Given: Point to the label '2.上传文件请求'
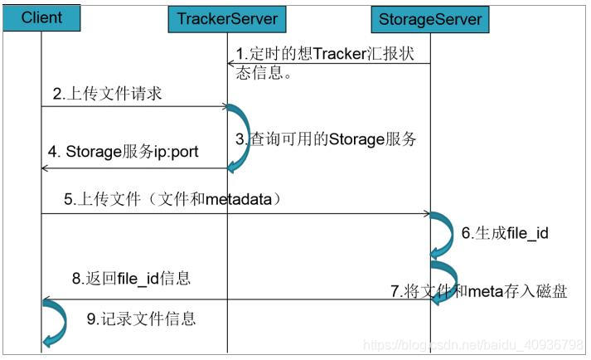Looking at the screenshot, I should (107, 95).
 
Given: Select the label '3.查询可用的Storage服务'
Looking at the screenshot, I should (326, 139).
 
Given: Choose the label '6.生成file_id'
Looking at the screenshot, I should (505, 233).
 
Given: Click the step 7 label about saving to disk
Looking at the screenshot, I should (479, 291).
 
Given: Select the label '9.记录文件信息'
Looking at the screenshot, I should (140, 319).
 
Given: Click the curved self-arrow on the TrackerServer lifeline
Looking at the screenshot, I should (238, 138).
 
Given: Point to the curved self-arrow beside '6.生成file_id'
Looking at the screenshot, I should (440, 234).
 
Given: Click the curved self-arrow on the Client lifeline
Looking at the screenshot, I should (52, 322).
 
